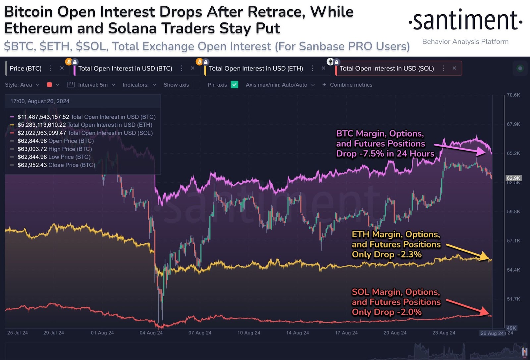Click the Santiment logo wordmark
coord(465,21)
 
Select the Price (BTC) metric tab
coord(26,68)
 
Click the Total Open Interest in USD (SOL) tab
coord(387,68)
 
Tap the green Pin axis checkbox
coord(235,85)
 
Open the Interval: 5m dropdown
coord(91,85)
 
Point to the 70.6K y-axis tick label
coord(513,95)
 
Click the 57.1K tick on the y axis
coord(513,241)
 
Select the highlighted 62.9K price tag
coord(513,178)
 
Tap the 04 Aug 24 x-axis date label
coord(151,333)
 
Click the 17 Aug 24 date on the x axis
coord(346,333)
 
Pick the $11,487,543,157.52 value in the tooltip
coord(43,117)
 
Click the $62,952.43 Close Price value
coord(32,165)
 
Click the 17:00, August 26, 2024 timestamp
coord(40,101)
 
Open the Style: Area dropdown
coord(22,85)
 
